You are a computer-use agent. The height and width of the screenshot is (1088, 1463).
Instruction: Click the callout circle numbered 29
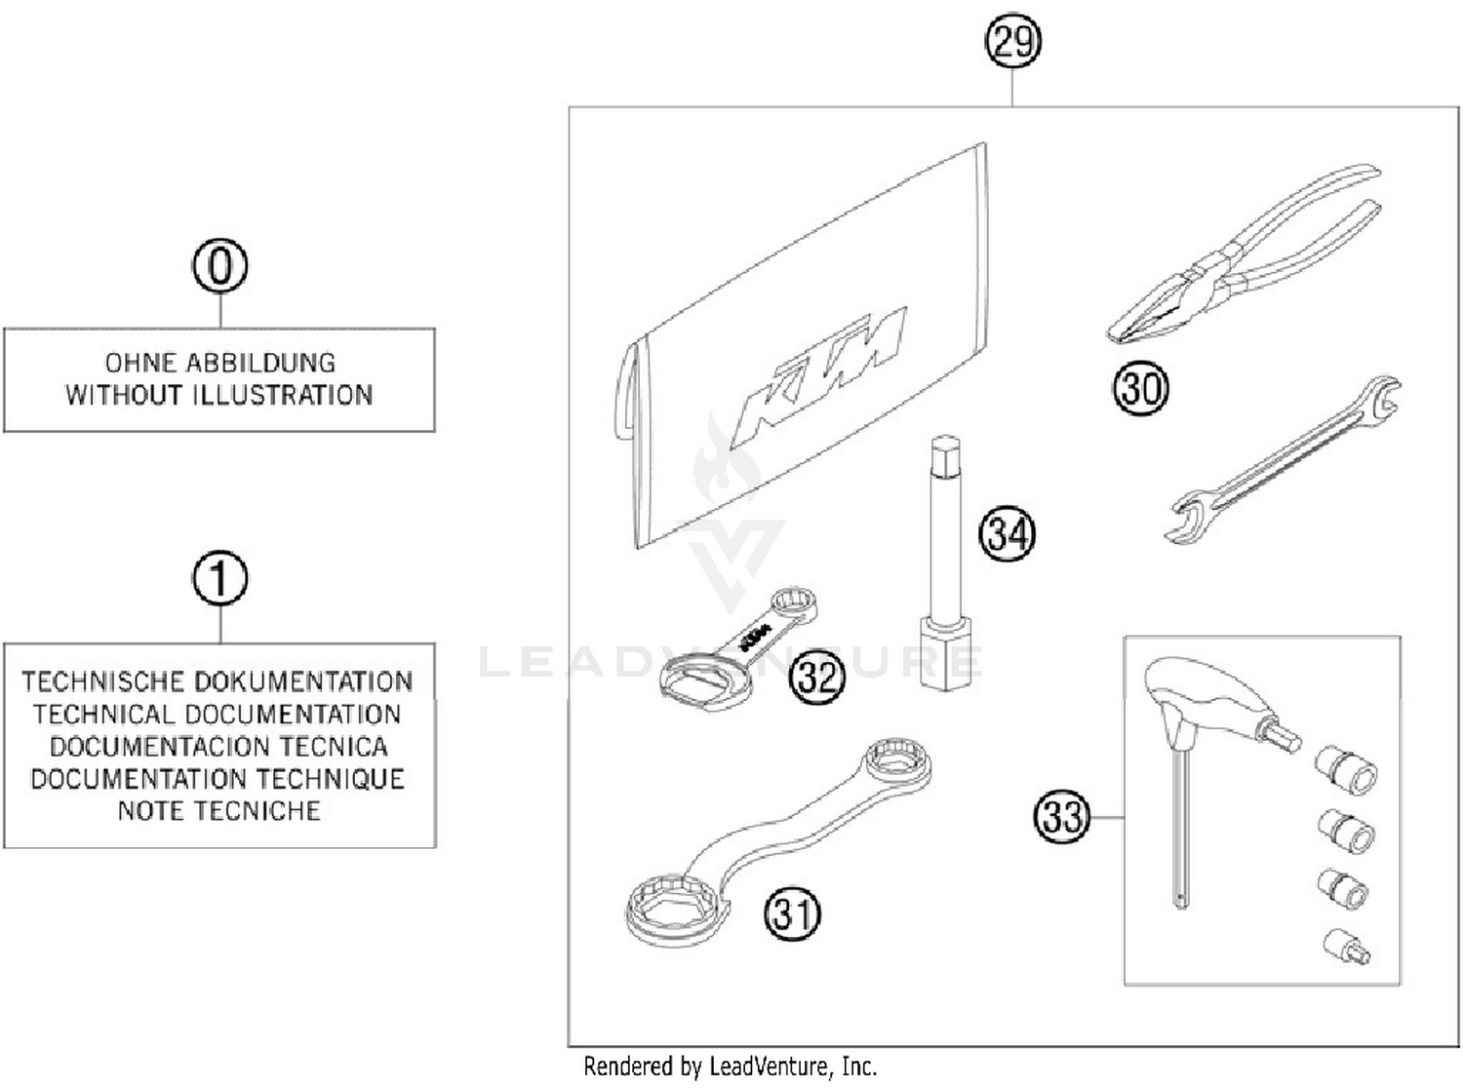pyautogui.click(x=1012, y=42)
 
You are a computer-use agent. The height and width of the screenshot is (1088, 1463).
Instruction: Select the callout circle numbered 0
pyautogui.click(x=220, y=266)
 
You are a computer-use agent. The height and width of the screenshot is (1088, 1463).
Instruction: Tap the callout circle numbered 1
pyautogui.click(x=220, y=579)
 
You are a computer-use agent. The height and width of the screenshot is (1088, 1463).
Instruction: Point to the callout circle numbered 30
pyautogui.click(x=1140, y=388)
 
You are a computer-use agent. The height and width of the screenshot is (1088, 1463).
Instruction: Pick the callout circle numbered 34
pyautogui.click(x=1007, y=533)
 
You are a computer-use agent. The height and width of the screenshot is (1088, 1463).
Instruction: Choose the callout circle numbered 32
pyautogui.click(x=817, y=675)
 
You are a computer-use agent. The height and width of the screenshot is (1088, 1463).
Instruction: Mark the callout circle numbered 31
pyautogui.click(x=792, y=913)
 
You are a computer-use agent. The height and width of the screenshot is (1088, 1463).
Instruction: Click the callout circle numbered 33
pyautogui.click(x=1061, y=815)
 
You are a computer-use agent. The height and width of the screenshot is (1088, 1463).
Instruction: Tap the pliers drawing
pyautogui.click(x=1239, y=263)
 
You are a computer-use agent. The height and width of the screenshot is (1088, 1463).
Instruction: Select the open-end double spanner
pyautogui.click(x=1283, y=458)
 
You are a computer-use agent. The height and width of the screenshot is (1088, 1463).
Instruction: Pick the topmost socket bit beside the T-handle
pyautogui.click(x=1347, y=768)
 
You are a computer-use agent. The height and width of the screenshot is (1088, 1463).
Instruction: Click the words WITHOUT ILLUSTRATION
pyautogui.click(x=219, y=395)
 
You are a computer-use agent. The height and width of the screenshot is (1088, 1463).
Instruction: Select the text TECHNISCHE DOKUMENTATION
pyautogui.click(x=217, y=680)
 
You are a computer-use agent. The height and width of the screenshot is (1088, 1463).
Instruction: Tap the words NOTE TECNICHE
pyautogui.click(x=218, y=810)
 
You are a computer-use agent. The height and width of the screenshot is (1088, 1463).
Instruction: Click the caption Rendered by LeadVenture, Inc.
pyautogui.click(x=730, y=1066)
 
